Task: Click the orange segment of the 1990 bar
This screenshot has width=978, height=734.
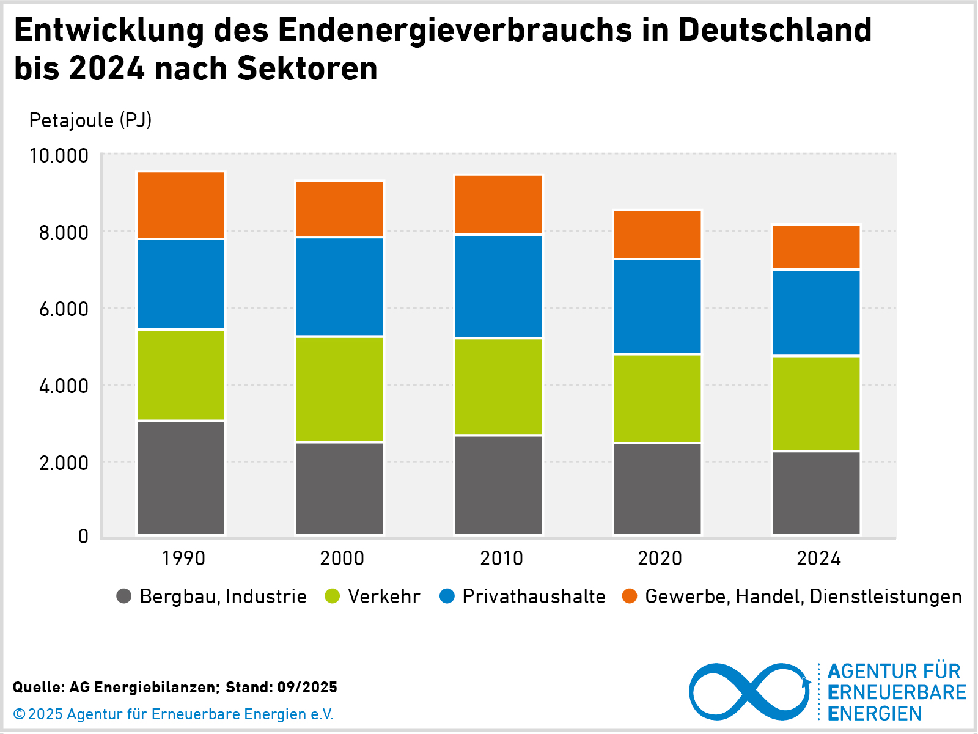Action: [x=181, y=205]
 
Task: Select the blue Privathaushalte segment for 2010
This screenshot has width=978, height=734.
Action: [x=499, y=286]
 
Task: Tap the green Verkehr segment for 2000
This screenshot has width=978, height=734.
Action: [x=340, y=389]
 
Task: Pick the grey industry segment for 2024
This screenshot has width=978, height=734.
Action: [x=817, y=493]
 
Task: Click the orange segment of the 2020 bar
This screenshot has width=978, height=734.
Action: [x=658, y=235]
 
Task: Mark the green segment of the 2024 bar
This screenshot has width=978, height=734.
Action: [x=817, y=403]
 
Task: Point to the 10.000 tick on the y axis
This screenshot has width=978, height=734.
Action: [x=59, y=155]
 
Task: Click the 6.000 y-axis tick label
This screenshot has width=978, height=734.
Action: [x=64, y=309]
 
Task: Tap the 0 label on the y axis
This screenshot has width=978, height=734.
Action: [x=83, y=537]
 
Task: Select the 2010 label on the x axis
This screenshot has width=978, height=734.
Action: [x=501, y=558]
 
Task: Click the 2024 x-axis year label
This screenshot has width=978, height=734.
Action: [x=818, y=558]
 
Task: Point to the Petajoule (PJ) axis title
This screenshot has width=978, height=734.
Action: [x=90, y=120]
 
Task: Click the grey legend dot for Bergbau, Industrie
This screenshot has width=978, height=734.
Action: [x=124, y=596]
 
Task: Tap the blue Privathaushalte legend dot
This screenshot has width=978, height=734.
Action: [x=447, y=596]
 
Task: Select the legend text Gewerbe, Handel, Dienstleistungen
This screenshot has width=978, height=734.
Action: [x=803, y=596]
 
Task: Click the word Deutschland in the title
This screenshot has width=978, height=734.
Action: [x=774, y=29]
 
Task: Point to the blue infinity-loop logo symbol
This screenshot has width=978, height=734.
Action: [x=749, y=691]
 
